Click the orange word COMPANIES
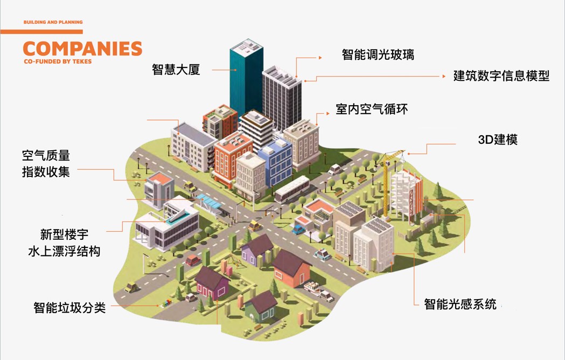82,49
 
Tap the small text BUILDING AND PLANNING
53,22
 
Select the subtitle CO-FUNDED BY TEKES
58,61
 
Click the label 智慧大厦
176,70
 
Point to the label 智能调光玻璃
378,54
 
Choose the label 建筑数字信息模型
501,76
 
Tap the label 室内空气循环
372,109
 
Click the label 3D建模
498,140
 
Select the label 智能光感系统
460,304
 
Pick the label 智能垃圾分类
69,308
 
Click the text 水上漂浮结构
64,251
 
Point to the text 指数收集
46,172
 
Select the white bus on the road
292,189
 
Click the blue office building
275,162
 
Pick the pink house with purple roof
212,283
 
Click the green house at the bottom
261,307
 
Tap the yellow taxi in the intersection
255,225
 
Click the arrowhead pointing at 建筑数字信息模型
444,76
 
